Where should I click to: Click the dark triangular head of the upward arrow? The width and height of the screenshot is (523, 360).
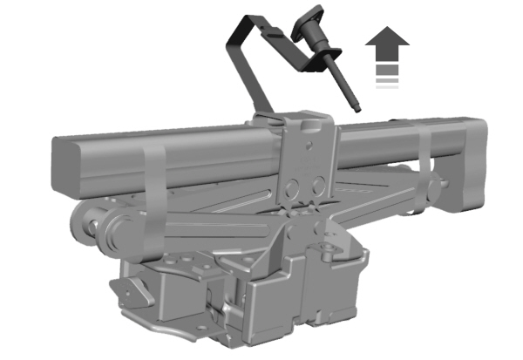[x=387, y=39]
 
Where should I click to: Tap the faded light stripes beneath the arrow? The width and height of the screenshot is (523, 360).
[x=387, y=82]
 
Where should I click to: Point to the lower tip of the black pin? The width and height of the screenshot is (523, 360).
[x=357, y=110]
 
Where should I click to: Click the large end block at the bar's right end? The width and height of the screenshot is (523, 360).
[x=471, y=166]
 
